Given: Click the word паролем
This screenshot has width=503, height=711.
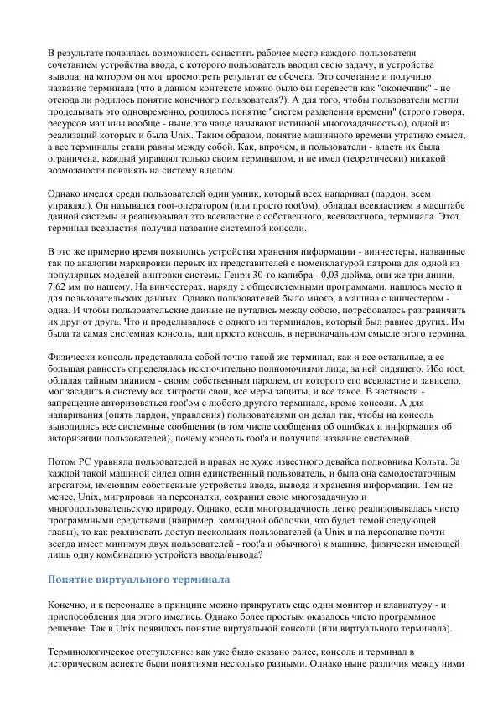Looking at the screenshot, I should tap(221, 379).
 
